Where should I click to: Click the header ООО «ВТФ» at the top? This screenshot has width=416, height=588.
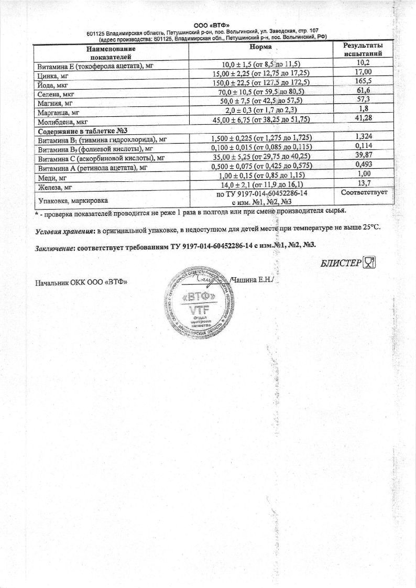tap(208, 25)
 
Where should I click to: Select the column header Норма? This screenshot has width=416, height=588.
tap(260, 47)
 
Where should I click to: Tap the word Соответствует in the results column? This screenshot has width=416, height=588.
tap(364, 193)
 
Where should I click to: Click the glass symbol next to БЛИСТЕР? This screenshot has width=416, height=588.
tap(370, 263)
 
